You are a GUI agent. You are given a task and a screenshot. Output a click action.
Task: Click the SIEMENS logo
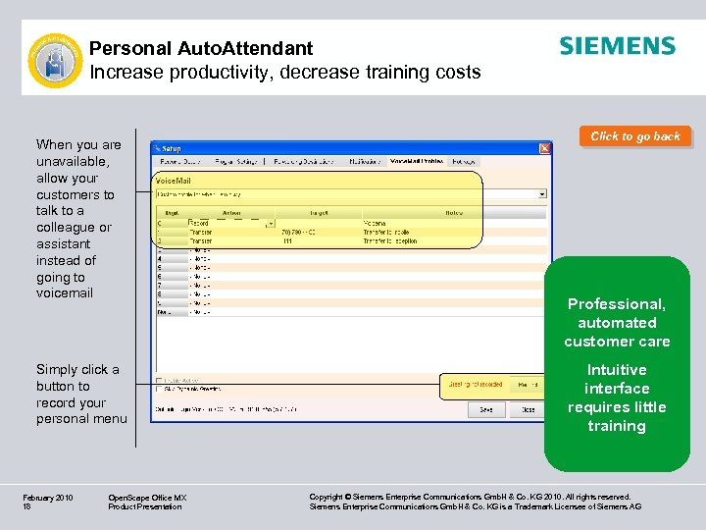(617, 46)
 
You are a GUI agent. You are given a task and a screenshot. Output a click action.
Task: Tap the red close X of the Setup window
(545, 148)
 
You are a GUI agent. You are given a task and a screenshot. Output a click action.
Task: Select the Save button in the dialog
(485, 409)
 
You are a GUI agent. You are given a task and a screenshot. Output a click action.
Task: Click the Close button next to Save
(528, 409)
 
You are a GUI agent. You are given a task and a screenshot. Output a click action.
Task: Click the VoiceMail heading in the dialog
(176, 181)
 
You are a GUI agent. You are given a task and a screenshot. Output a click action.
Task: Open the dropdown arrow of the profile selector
(542, 194)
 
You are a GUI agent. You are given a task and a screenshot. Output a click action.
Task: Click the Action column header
(231, 211)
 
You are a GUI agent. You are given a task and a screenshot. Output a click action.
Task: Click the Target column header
(318, 211)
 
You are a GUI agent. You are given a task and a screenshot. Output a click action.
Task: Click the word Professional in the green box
(617, 304)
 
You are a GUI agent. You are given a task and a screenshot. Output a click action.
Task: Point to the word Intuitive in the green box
(617, 370)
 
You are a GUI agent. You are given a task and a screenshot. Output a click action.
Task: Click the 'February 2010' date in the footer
(47, 498)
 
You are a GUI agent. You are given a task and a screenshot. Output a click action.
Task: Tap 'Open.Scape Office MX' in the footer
(147, 498)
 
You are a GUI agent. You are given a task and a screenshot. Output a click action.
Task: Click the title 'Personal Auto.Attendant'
(201, 48)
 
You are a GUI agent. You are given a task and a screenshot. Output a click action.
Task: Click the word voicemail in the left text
(65, 293)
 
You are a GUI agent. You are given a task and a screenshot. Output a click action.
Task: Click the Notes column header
(453, 211)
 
